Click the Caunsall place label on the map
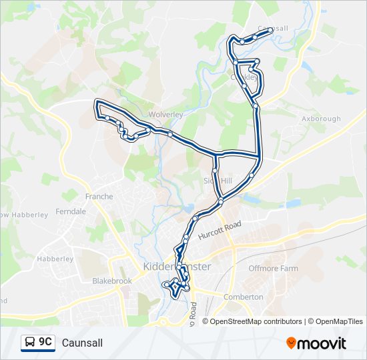point(272,29)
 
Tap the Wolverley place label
point(165,115)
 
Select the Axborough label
point(321,119)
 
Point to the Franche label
point(99,197)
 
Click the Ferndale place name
point(71,211)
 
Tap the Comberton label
point(244,297)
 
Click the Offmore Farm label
point(273,268)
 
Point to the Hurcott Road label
point(219,232)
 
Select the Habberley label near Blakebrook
point(55,259)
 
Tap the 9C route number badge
point(45,342)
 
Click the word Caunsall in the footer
point(82,343)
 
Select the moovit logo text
point(323,343)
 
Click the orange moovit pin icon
point(292,343)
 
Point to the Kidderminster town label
point(177,267)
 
